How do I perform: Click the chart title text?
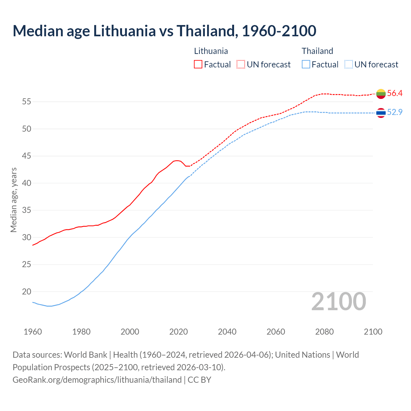point(164,31)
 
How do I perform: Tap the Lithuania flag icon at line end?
point(381,94)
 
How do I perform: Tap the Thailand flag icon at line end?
point(381,113)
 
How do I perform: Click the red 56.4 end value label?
point(395,93)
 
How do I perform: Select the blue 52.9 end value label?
point(395,112)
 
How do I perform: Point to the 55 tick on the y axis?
point(27,102)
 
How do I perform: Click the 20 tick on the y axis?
point(27,292)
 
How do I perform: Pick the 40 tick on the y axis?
point(27,183)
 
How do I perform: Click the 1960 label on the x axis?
point(33,332)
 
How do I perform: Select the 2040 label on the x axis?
point(227,332)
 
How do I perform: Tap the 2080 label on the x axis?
point(324,332)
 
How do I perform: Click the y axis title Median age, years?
point(13,200)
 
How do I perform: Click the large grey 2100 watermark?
point(338,301)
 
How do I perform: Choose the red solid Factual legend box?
point(198,65)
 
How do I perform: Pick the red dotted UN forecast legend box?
point(241,65)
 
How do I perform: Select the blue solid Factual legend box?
point(306,65)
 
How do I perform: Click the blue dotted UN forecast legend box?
point(349,65)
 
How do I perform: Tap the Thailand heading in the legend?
point(317,51)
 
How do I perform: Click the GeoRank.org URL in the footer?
point(97,380)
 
